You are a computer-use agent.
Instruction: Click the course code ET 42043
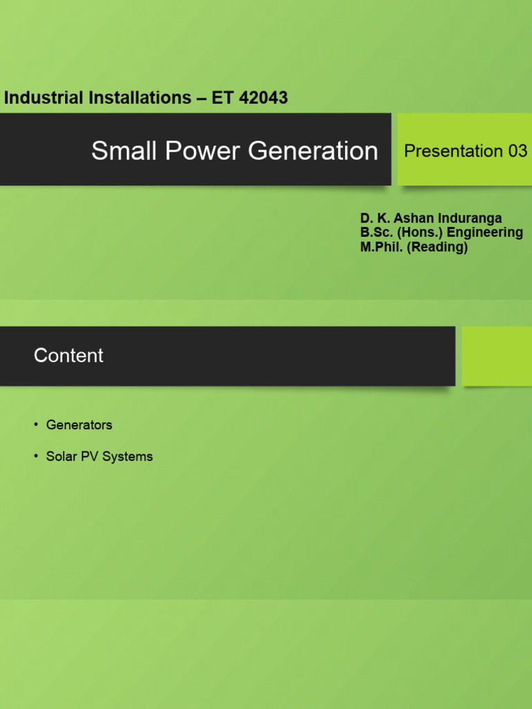pyautogui.click(x=249, y=98)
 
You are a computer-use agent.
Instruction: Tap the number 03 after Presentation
pyautogui.click(x=517, y=151)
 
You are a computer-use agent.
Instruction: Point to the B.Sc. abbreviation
pyautogui.click(x=377, y=233)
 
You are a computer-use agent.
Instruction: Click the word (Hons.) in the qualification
pyautogui.click(x=420, y=233)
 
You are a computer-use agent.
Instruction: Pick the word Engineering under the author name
pyautogui.click(x=485, y=233)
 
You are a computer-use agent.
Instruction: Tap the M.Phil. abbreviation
pyautogui.click(x=382, y=247)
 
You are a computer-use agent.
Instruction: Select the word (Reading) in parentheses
pyautogui.click(x=437, y=247)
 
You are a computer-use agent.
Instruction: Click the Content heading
pyautogui.click(x=69, y=356)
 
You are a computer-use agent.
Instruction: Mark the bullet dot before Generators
pyautogui.click(x=36, y=424)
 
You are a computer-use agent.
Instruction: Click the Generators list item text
pyautogui.click(x=79, y=425)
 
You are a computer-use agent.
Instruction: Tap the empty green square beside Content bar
pyautogui.click(x=497, y=356)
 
